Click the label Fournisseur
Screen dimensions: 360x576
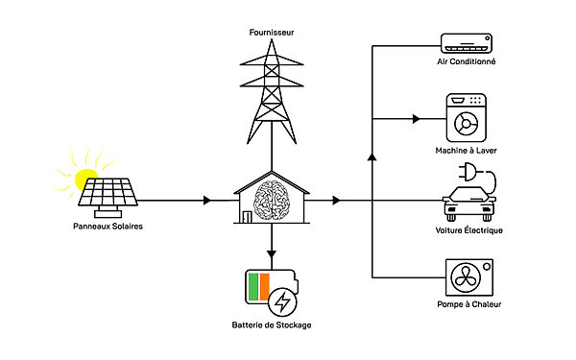[x=273, y=32]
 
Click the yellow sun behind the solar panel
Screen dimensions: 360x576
[x=87, y=179]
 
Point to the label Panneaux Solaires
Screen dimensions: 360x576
[x=108, y=227]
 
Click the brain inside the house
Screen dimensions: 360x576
[x=273, y=199]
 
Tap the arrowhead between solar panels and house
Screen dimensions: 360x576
[x=207, y=201]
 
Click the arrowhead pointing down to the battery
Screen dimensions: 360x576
[x=273, y=255]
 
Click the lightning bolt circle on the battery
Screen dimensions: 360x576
[x=283, y=302]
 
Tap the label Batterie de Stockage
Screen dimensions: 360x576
[x=273, y=326]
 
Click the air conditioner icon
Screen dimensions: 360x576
[x=468, y=42]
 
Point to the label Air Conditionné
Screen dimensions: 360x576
[x=467, y=61]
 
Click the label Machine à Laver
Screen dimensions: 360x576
[x=467, y=152]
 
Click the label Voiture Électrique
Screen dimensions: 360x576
[x=468, y=231]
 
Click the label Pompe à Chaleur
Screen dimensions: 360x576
[x=468, y=305]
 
